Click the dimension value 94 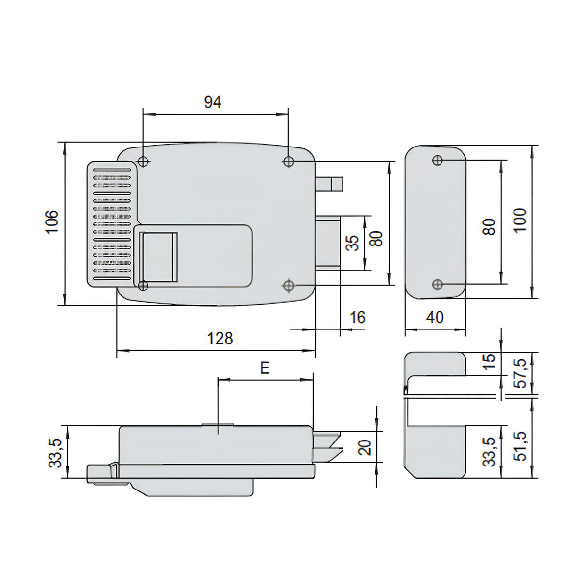pyautogui.click(x=213, y=102)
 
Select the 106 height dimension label pyautogui.click(x=52, y=222)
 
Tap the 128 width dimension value pyautogui.click(x=220, y=339)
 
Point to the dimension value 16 pyautogui.click(x=357, y=318)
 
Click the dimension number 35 pyautogui.click(x=353, y=243)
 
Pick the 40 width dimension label pyautogui.click(x=435, y=318)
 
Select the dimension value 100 pyautogui.click(x=520, y=221)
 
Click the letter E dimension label pyautogui.click(x=265, y=368)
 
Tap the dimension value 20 pyautogui.click(x=365, y=448)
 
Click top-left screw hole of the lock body pyautogui.click(x=143, y=161)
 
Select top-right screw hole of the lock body pyautogui.click(x=288, y=161)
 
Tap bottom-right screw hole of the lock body pyautogui.click(x=288, y=286)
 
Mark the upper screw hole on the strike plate pyautogui.click(x=437, y=160)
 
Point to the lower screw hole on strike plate pyautogui.click(x=437, y=284)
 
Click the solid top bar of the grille pyautogui.click(x=112, y=170)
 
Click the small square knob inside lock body pyautogui.click(x=158, y=257)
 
